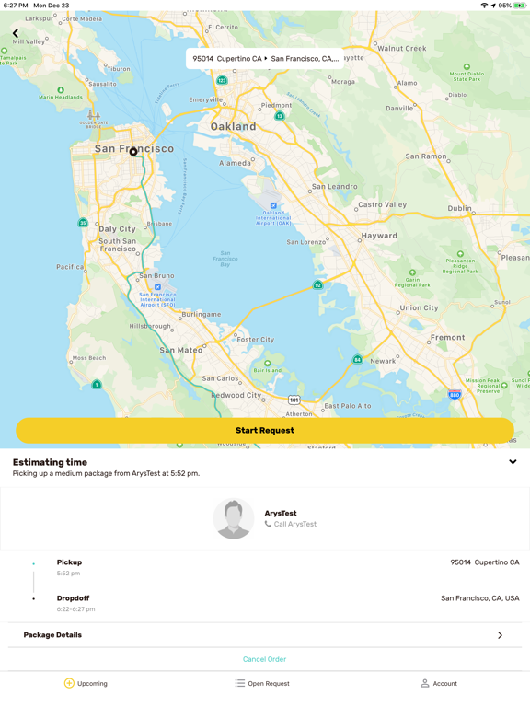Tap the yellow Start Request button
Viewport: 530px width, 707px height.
pos(265,430)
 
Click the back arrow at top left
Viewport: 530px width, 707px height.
pos(16,34)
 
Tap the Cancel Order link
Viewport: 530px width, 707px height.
pos(264,659)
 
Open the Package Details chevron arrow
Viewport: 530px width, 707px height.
pos(500,635)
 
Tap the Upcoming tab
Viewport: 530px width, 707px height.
pos(86,684)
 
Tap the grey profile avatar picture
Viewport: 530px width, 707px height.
pos(234,518)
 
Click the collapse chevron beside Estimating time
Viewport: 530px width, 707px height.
pos(513,462)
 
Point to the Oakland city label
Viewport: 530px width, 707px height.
pos(233,126)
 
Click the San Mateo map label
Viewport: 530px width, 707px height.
pos(180,351)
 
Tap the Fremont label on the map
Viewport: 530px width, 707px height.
pos(448,338)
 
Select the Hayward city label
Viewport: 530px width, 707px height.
pos(379,236)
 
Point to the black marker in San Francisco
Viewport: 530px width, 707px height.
pos(133,152)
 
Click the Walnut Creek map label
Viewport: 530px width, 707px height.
pos(402,48)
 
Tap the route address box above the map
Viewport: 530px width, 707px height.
pos(265,58)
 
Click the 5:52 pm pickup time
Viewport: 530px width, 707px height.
pos(68,574)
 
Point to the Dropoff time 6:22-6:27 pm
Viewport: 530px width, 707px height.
pos(75,609)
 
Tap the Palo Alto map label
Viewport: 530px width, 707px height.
pos(353,406)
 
